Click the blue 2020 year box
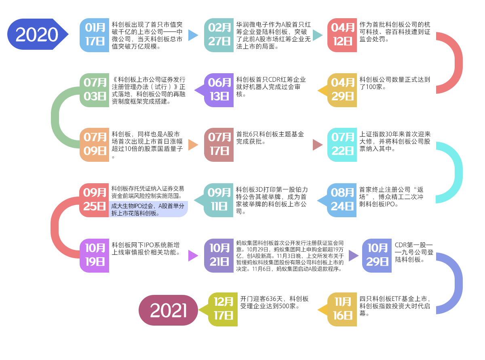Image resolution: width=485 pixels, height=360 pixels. coord(38,34)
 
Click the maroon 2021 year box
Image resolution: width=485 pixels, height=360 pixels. coord(168,310)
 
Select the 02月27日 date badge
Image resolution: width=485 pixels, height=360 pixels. coord(219,35)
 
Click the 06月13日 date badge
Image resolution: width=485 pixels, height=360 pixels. coord(219,90)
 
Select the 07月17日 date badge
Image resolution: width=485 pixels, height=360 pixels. coord(219,144)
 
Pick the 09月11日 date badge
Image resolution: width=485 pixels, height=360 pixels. coord(219,199)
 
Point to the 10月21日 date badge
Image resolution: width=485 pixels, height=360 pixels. coord(219,255)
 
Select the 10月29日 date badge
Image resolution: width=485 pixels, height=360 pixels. coord(377,255)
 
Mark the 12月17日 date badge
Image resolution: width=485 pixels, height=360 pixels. coord(223,309)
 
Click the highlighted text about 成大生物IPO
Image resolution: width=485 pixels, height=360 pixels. coord(148,209)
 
